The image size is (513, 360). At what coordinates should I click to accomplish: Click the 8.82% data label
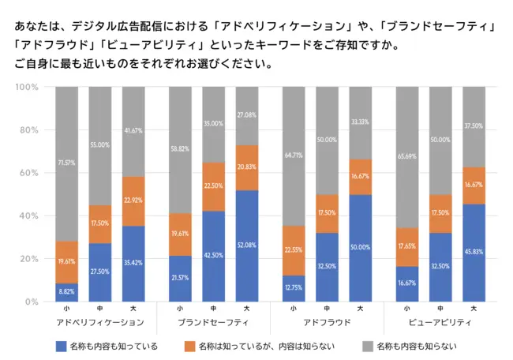click(66, 293)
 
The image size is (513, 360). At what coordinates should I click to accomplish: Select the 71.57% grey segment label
click(66, 163)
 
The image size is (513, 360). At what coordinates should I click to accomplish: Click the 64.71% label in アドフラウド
click(293, 155)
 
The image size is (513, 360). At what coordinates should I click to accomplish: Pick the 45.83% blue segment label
click(474, 252)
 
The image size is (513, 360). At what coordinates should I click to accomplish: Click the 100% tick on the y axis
click(27, 87)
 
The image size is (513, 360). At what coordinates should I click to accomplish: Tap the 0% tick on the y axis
click(32, 302)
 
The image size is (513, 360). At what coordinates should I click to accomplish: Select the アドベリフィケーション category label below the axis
click(100, 323)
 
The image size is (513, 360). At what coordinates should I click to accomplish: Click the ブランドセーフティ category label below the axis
click(213, 323)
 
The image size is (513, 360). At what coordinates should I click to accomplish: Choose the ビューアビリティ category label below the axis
click(440, 323)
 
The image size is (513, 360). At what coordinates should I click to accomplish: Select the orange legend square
click(189, 346)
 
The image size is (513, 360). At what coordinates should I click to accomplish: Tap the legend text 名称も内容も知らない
click(418, 346)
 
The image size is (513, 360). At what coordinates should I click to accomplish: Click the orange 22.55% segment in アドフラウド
click(293, 250)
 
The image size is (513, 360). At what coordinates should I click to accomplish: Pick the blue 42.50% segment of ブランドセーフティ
click(213, 256)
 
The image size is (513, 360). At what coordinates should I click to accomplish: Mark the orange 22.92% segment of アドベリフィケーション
click(134, 201)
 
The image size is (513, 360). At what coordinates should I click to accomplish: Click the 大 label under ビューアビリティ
click(474, 309)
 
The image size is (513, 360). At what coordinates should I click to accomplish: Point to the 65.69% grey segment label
click(406, 156)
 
